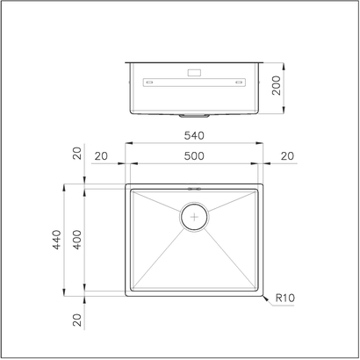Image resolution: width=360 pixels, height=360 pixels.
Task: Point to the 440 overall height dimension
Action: tap(54, 241)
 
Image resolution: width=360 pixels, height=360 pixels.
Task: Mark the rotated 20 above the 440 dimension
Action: tap(76, 155)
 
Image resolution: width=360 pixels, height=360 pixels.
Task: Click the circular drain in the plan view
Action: tap(193, 217)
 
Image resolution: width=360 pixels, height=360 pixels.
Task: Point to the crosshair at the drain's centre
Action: tap(193, 217)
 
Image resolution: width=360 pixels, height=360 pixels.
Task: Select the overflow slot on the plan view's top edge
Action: tap(193, 188)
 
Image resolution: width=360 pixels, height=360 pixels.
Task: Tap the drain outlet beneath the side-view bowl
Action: tap(193, 114)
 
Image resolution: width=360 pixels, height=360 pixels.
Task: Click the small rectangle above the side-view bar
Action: tap(193, 74)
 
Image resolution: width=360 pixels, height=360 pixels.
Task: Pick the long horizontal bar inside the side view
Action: tap(193, 84)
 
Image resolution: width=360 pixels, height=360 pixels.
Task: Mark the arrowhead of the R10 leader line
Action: tap(263, 296)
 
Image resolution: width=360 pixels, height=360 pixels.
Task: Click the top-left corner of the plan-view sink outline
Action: tap(126, 186)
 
